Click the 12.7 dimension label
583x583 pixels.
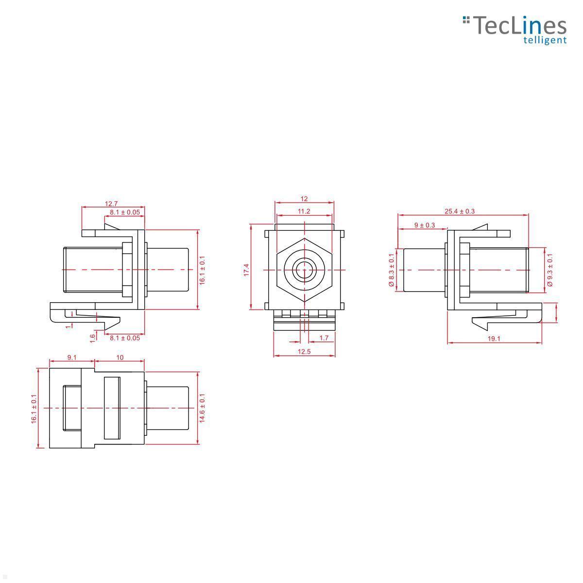(x=111, y=204)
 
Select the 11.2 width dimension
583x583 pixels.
(x=304, y=211)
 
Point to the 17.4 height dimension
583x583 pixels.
(x=247, y=270)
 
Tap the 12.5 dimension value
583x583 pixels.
(x=304, y=351)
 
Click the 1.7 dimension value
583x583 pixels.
(x=324, y=338)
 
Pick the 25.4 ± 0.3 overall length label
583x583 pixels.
(x=459, y=211)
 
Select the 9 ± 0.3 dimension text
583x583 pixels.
(x=425, y=225)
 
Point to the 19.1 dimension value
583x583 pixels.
(x=494, y=339)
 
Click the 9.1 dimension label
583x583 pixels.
(x=72, y=357)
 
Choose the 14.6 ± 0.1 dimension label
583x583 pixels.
(x=202, y=408)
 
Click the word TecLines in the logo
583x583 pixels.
(x=519, y=25)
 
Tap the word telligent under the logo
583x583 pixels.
(x=545, y=40)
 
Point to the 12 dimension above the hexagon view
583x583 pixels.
(x=304, y=199)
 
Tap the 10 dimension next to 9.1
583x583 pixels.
(x=120, y=357)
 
